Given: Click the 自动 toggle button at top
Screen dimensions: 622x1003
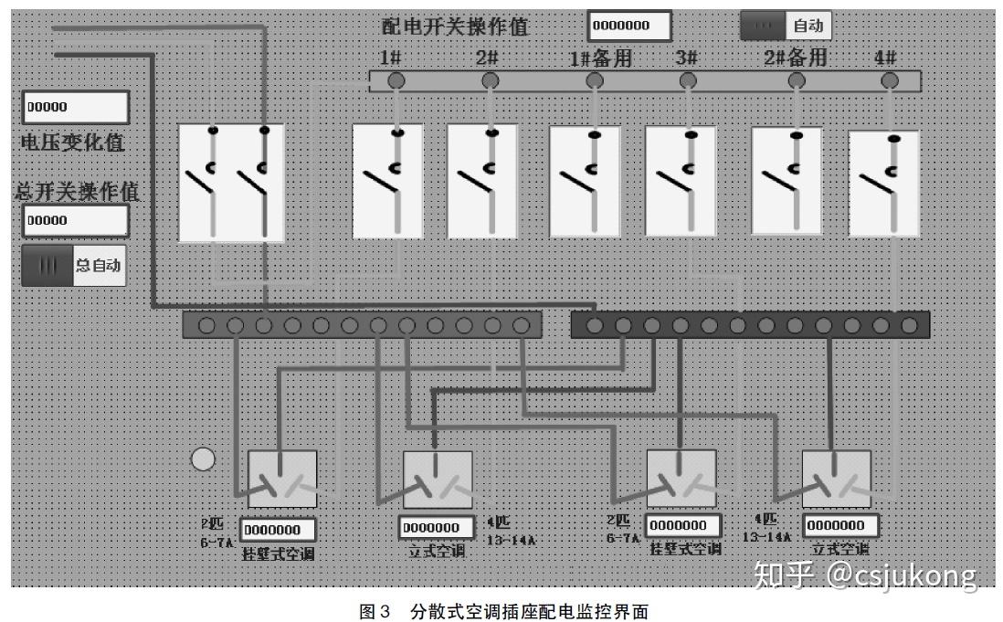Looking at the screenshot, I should tap(786, 26).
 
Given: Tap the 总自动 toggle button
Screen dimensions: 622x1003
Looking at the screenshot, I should tap(73, 266).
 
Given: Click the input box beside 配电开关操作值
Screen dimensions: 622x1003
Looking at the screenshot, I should tap(629, 26).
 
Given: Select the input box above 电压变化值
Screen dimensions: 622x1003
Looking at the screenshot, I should tap(76, 107).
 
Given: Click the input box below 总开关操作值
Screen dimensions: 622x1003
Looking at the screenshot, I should tap(76, 220).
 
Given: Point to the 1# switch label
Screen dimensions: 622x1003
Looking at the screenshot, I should tap(391, 58).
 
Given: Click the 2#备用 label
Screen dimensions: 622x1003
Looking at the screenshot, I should tap(796, 58).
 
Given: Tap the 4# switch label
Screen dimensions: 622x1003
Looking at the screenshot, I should tap(885, 58).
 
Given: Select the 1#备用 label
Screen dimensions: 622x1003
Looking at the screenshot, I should tap(600, 58).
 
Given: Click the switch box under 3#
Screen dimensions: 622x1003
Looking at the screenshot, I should tap(681, 181).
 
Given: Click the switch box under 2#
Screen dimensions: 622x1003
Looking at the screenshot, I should tap(482, 181).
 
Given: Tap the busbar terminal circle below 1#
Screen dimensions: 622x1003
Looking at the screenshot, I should tap(396, 81).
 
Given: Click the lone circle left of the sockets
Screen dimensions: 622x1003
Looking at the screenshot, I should tap(203, 459).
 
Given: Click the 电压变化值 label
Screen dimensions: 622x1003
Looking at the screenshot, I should tap(72, 142).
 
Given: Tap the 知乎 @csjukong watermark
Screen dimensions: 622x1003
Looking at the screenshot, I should tap(863, 575).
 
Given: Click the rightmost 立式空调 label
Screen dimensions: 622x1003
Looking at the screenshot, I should tap(840, 549).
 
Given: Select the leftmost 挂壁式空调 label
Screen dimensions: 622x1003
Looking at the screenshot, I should tap(278, 553).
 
